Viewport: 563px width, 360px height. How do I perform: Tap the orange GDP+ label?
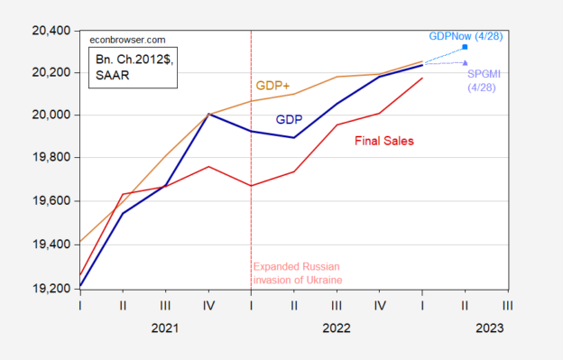click(274, 86)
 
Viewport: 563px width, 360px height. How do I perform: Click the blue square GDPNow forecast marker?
click(465, 47)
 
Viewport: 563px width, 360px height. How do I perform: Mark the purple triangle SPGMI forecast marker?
click(465, 62)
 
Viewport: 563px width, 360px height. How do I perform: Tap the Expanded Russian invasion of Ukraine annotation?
click(298, 273)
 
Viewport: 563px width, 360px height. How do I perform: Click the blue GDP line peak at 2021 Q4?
click(208, 114)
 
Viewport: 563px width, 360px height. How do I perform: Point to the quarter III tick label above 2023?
click(508, 307)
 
